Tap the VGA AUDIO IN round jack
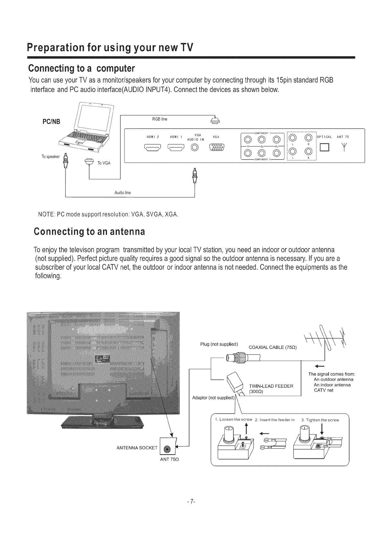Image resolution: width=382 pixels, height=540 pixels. point(195,148)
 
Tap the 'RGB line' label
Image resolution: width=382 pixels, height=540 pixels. point(160,119)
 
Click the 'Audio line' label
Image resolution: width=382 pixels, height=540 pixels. point(123,193)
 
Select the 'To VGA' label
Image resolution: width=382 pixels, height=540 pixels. point(104,163)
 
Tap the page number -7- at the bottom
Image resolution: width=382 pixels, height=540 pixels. point(191,501)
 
